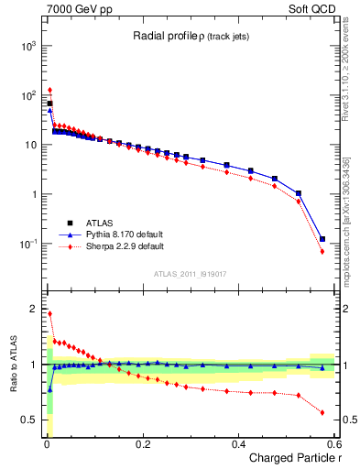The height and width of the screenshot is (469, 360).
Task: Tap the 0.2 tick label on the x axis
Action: pos(142,444)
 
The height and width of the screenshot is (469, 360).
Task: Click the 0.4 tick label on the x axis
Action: pos(238,444)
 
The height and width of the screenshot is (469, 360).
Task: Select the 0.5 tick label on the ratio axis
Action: pos(31,420)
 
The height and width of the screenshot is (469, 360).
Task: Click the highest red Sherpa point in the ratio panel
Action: pos(49,313)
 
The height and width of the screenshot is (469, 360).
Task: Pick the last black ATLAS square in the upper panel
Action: pos(322,239)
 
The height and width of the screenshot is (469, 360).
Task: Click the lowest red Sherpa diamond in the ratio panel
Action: pos(322,412)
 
